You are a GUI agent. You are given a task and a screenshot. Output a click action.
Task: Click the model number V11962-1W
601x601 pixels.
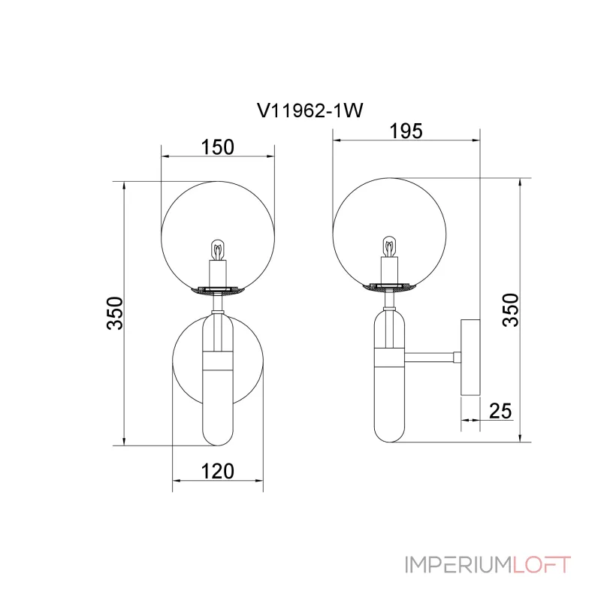point(310,110)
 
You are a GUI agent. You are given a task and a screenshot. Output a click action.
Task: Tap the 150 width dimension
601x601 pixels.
point(217,147)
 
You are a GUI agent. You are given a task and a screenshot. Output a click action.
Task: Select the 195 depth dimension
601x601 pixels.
point(406,131)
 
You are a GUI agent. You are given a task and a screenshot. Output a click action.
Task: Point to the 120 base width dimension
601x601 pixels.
point(217,471)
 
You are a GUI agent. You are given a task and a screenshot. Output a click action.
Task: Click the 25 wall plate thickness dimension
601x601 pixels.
point(500,411)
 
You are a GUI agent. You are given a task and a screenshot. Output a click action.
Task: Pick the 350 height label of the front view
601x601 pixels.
point(115,313)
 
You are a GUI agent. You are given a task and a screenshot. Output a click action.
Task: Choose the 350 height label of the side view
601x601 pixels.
point(510,310)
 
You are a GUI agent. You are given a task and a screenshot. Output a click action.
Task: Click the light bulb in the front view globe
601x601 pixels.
point(218,250)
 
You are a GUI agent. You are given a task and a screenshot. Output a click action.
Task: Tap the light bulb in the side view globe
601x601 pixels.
point(389,247)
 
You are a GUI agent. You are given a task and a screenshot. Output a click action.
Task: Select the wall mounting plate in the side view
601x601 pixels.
point(470,358)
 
